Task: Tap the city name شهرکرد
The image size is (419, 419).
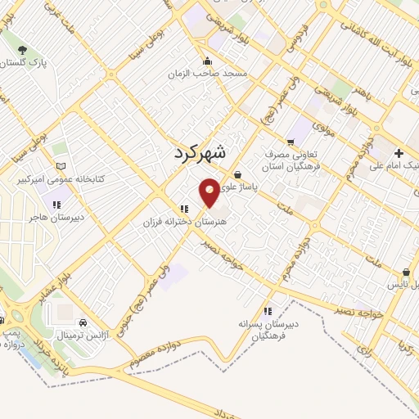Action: (201, 152)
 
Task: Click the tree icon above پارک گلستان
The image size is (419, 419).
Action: (22, 50)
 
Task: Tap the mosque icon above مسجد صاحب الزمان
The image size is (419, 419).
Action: (207, 60)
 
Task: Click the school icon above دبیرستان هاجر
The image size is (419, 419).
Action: (56, 205)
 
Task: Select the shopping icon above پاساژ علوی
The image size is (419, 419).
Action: (237, 174)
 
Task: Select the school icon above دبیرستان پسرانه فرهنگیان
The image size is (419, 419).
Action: (268, 310)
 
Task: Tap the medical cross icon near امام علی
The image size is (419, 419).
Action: (399, 153)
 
